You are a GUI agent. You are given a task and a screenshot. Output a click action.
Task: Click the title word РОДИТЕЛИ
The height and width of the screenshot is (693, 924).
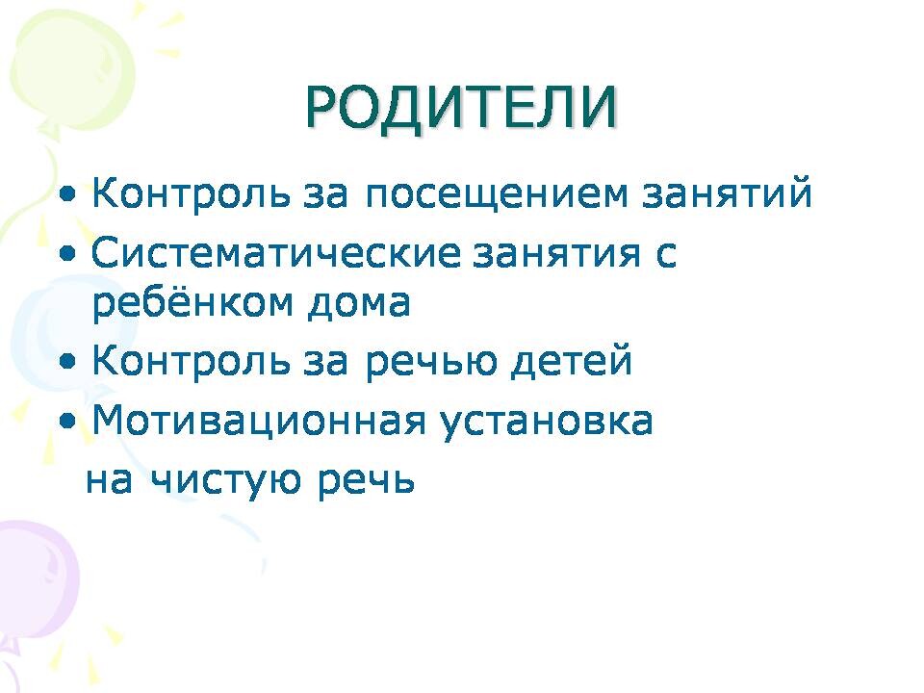pos(461,108)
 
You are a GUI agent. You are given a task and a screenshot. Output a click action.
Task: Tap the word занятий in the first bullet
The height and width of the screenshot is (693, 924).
pos(728,192)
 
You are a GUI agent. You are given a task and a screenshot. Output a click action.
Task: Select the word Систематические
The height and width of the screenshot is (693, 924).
pos(276,252)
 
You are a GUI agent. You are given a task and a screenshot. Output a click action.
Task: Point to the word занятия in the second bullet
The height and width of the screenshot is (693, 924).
pos(556,253)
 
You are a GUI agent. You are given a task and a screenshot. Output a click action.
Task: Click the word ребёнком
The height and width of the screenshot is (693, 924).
pos(192,301)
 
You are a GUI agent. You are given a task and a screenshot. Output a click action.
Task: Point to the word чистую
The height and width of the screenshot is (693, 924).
pos(226,481)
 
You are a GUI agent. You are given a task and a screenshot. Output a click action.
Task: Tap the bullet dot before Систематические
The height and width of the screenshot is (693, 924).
pos(68,253)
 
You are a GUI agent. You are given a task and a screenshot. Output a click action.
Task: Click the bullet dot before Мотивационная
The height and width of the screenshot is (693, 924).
pos(68,422)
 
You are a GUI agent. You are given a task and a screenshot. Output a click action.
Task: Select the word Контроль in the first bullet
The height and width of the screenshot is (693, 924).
pos(191,192)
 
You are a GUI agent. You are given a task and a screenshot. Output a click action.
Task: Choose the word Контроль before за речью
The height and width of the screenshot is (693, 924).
pos(191,360)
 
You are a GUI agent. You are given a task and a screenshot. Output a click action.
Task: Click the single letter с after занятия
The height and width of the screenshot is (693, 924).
pos(665,256)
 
